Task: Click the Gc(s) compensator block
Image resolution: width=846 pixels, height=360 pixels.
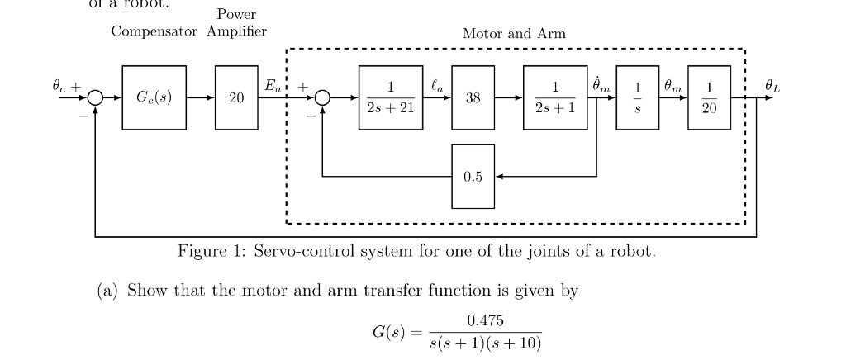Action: [x=154, y=97]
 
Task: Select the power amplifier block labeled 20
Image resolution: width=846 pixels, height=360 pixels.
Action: [x=236, y=97]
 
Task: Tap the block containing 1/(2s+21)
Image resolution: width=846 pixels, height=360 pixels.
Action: [x=391, y=97]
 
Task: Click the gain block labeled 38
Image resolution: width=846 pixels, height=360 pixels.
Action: [x=473, y=97]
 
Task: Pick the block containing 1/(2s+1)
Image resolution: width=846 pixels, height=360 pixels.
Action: [x=555, y=97]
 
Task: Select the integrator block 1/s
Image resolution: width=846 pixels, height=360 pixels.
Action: [x=637, y=97]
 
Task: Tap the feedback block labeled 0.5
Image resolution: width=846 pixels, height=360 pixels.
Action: [x=473, y=176]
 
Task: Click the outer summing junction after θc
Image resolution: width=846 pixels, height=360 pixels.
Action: [x=96, y=97]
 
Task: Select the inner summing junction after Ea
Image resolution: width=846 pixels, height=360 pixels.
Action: [x=322, y=97]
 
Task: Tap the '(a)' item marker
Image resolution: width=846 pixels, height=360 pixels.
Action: [x=110, y=291]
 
